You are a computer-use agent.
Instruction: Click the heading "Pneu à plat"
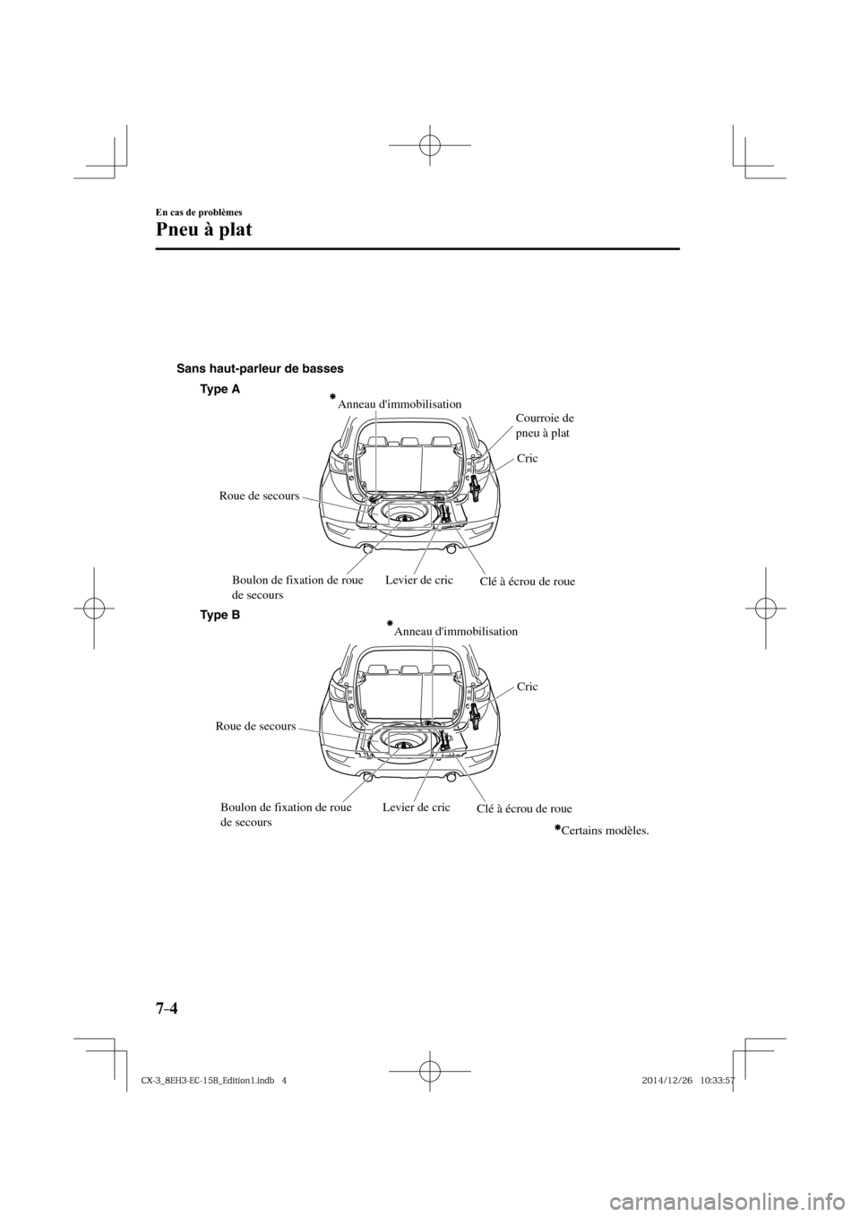tap(203, 229)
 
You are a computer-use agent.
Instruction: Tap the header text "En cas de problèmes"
tap(199, 211)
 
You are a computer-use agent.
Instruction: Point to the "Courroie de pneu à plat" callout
tap(546, 425)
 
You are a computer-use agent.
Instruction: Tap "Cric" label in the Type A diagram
tap(528, 458)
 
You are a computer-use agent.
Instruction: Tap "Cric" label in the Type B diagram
tap(528, 686)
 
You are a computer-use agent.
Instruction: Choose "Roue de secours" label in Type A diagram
tap(259, 496)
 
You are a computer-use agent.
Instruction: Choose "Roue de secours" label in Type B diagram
tap(256, 726)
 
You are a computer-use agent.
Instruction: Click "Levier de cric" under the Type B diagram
tap(416, 807)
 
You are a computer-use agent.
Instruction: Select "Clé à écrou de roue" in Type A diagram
tap(522, 582)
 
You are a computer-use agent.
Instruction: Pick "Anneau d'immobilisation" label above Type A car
tap(400, 404)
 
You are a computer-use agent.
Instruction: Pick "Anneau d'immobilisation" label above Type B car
tap(456, 631)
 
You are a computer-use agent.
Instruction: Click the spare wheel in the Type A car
tap(405, 515)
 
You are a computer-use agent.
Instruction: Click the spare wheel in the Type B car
tap(405, 743)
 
